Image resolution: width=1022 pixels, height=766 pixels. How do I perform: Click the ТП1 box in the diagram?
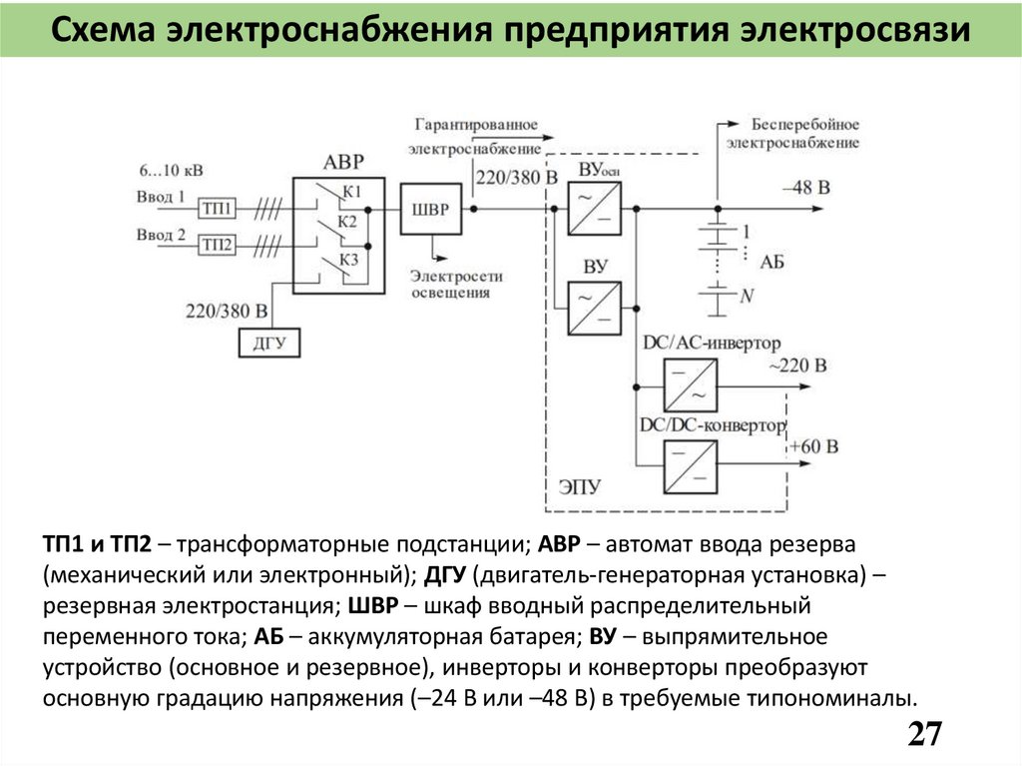click(x=217, y=209)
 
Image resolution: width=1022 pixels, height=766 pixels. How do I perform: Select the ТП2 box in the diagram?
click(x=217, y=245)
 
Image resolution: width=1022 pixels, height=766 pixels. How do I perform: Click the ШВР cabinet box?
click(x=430, y=209)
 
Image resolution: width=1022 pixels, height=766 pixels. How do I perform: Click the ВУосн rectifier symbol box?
click(x=594, y=209)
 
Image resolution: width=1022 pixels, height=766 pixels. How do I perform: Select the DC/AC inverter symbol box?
click(x=691, y=384)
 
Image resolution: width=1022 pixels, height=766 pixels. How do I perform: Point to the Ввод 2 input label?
click(x=161, y=236)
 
